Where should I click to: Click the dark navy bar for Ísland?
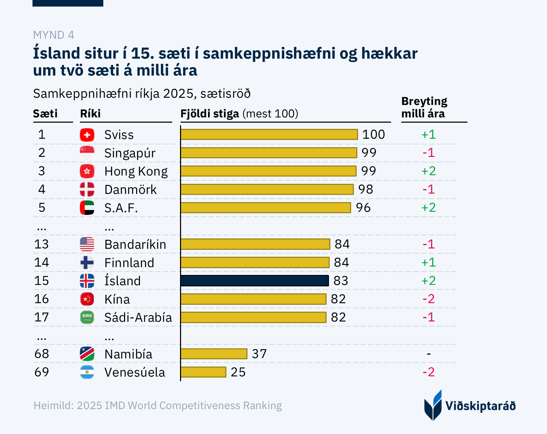[x=254, y=281]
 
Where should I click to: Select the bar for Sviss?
[x=269, y=134]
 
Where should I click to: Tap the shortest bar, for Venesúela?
[x=203, y=372]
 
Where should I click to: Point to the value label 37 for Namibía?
[x=259, y=354]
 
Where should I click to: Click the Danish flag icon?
[x=87, y=189]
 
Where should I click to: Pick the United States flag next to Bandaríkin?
[x=87, y=244]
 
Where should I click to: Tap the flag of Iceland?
[x=87, y=281]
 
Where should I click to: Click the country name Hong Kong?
[x=136, y=171]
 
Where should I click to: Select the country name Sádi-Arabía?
[x=138, y=317]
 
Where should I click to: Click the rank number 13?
[x=41, y=244]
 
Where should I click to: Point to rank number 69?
[x=41, y=372]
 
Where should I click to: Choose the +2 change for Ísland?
[x=428, y=281]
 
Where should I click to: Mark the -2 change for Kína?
[x=428, y=299]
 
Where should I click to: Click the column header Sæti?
[x=45, y=114]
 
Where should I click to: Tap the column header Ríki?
[x=91, y=114]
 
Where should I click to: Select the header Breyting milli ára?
[x=424, y=107]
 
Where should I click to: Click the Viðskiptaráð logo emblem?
[x=433, y=405]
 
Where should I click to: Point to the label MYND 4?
[x=54, y=35]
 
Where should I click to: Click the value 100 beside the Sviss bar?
[x=374, y=134]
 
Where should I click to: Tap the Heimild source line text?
[x=158, y=405]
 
